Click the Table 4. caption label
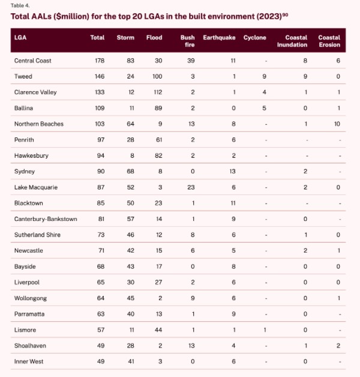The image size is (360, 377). [21, 5]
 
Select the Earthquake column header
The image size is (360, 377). [219, 38]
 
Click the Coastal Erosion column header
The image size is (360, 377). [329, 41]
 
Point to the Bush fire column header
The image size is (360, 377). [187, 41]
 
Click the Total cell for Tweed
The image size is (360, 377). [98, 77]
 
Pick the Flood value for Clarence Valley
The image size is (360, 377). [155, 92]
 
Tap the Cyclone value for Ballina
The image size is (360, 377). [264, 108]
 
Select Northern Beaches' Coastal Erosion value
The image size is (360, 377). [337, 124]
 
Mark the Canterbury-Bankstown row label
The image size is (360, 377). [46, 219]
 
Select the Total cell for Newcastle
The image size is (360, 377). [100, 250]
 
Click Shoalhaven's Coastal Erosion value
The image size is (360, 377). [338, 346]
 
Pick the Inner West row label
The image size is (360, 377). [28, 361]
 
